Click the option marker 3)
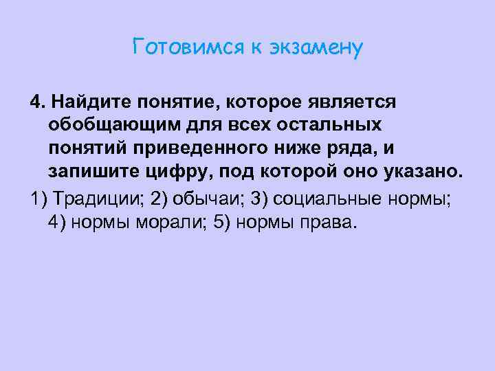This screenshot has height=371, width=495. point(264,199)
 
